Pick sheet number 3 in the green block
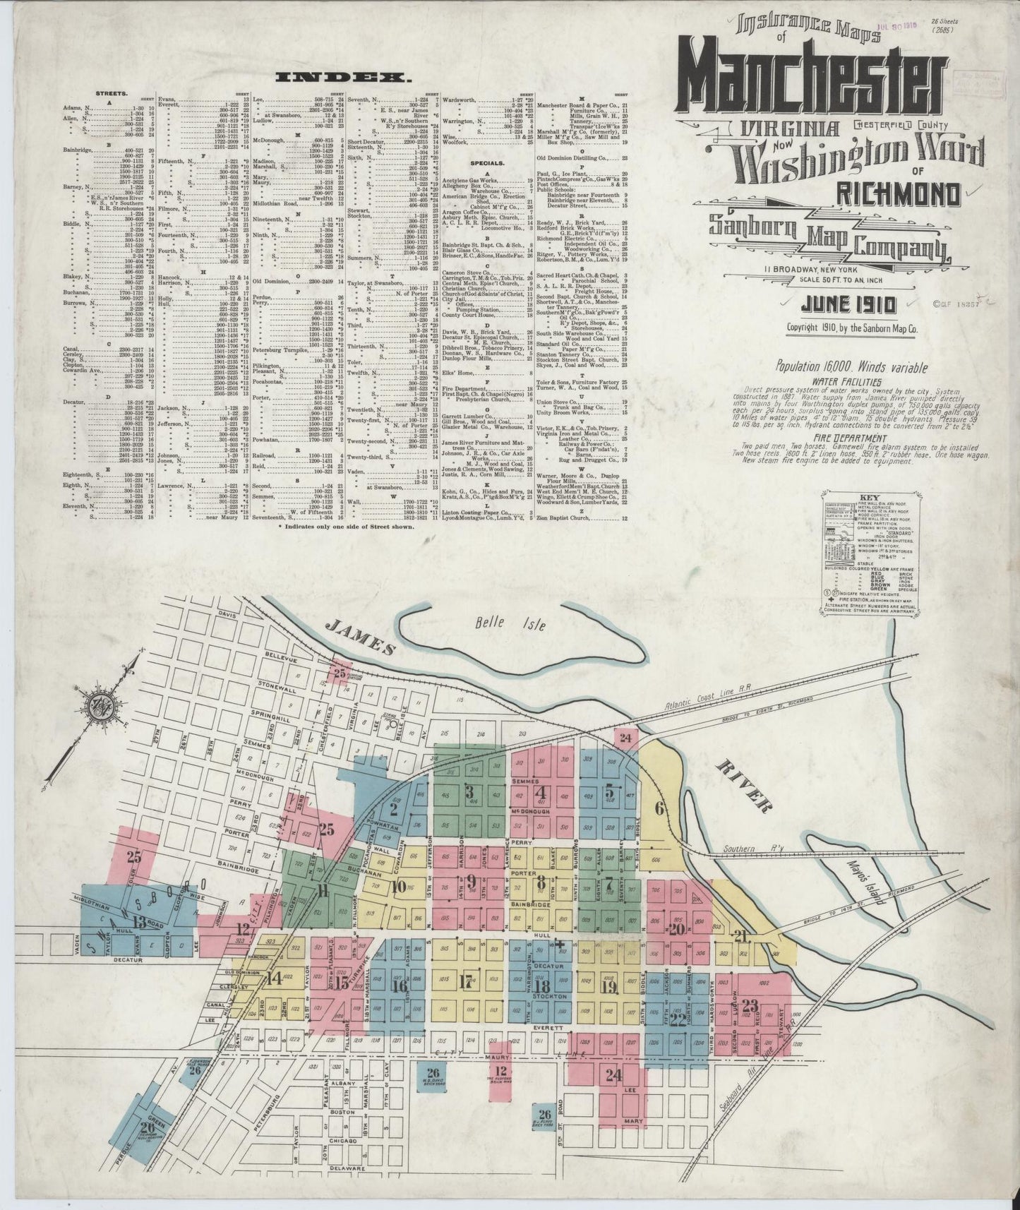click(x=469, y=792)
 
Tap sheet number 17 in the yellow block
click(x=466, y=981)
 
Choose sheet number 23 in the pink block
click(x=750, y=1005)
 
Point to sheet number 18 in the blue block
click(x=542, y=987)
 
